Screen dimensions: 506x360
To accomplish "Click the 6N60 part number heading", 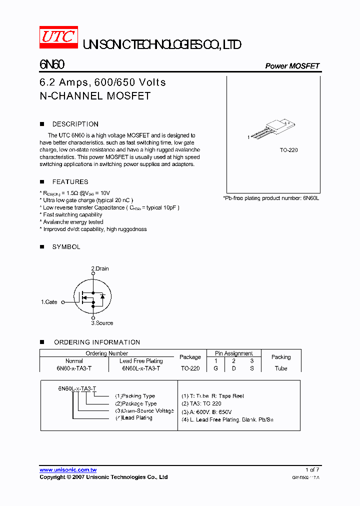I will point(51,65).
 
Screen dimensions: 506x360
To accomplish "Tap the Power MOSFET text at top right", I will point(292,66).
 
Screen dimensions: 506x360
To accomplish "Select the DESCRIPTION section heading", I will point(75,124).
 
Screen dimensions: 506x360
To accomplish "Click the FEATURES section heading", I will point(70,182).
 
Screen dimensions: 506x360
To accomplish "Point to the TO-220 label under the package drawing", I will point(288,150).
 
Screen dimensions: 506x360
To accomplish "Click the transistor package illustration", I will point(272,129).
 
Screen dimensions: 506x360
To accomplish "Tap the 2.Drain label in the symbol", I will point(99,268).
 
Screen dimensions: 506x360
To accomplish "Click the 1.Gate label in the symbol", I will point(49,302).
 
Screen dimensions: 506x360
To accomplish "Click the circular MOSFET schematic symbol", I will point(92,296).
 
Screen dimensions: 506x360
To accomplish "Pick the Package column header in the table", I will point(190,357).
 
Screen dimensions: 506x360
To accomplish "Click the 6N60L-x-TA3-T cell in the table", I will point(141,368).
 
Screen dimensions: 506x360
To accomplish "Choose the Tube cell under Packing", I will point(281,368).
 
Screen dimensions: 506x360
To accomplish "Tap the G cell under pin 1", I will point(216,368).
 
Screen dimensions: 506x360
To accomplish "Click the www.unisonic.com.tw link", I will point(68,470).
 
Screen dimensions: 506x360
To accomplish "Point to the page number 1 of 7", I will point(312,470).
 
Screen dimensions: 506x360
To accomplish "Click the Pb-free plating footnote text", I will point(271,198).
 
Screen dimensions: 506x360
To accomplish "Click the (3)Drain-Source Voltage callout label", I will point(144,410).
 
